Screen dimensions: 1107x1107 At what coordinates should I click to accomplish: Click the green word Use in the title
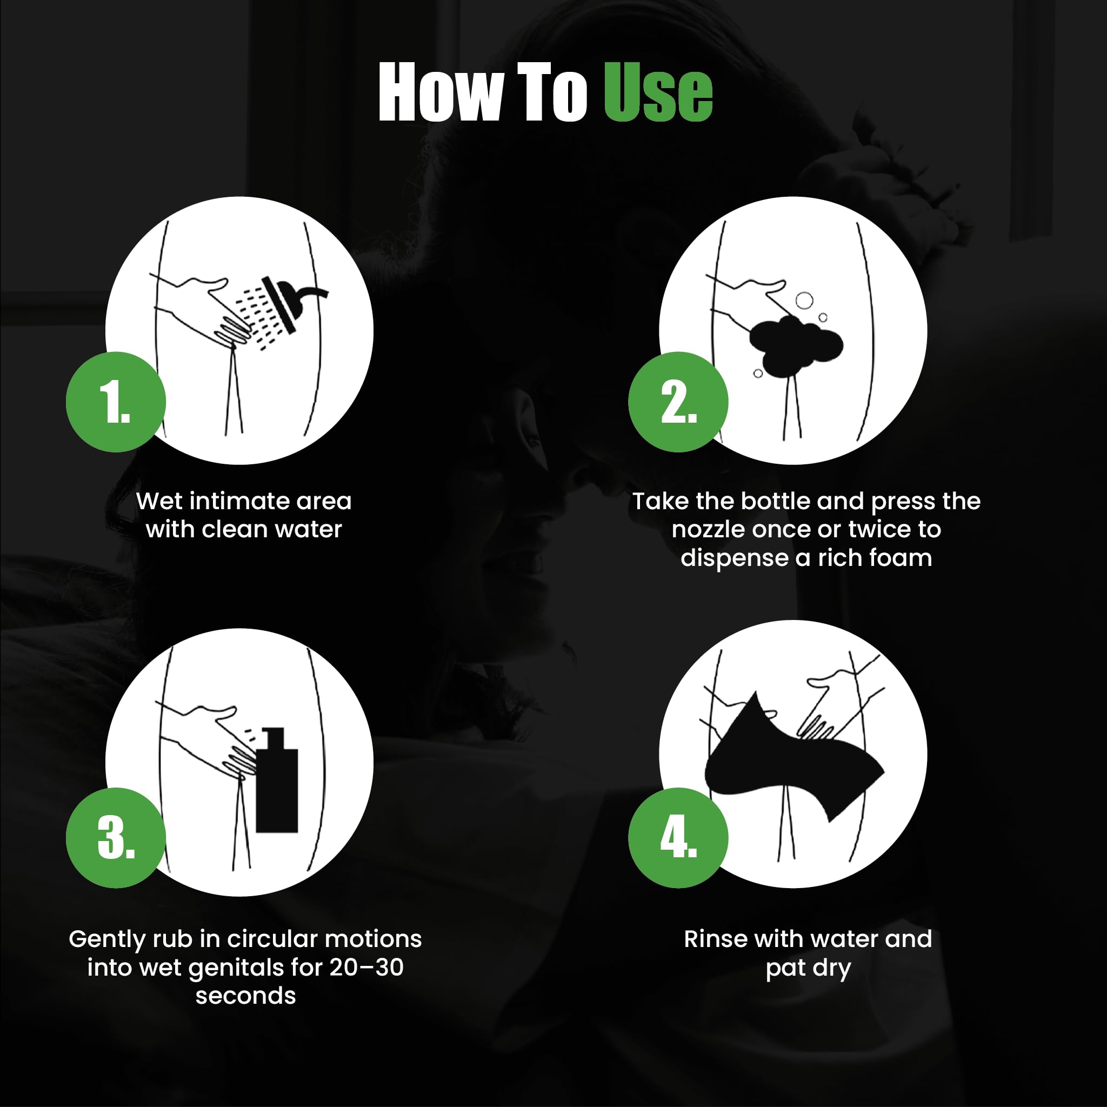click(x=658, y=92)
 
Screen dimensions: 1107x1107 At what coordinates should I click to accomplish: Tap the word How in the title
click(x=440, y=92)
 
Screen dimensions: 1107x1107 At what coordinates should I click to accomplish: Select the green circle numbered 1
click(x=116, y=402)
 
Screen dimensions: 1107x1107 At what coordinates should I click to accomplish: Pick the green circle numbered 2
click(x=678, y=402)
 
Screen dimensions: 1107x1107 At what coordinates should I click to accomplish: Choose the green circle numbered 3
click(x=116, y=838)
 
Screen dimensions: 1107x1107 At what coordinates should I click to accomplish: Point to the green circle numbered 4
click(x=678, y=838)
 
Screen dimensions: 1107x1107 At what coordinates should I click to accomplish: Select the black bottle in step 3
click(x=277, y=780)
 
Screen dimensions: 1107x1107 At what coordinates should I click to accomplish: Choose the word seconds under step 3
click(x=246, y=996)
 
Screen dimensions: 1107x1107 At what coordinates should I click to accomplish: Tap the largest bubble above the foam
click(x=804, y=300)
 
